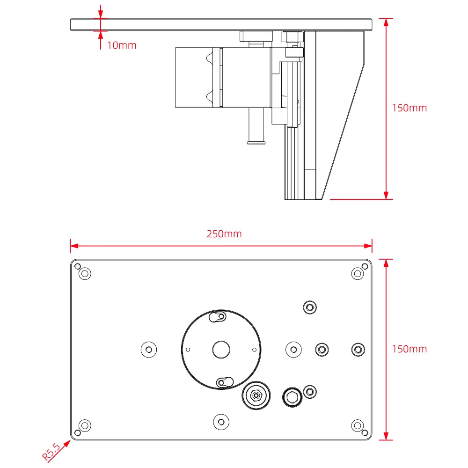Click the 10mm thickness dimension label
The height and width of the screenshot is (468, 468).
pyautogui.click(x=122, y=45)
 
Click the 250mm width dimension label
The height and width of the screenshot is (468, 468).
pyautogui.click(x=224, y=234)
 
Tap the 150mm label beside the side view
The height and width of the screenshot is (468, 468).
pyautogui.click(x=409, y=108)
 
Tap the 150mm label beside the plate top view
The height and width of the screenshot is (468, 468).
pyautogui.click(x=409, y=349)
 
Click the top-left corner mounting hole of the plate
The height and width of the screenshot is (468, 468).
pyautogui.click(x=85, y=273)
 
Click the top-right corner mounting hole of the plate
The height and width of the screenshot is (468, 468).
pyautogui.click(x=358, y=273)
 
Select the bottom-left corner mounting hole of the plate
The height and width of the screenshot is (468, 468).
pyautogui.click(x=85, y=425)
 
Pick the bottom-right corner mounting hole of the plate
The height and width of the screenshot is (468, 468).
pyautogui.click(x=358, y=425)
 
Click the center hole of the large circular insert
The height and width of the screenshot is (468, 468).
pyautogui.click(x=221, y=349)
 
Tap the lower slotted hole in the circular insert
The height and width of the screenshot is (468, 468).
pyautogui.click(x=225, y=382)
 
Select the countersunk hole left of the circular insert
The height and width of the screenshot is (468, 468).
pyautogui.click(x=149, y=349)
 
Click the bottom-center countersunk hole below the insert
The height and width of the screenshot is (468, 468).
pyautogui.click(x=221, y=422)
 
